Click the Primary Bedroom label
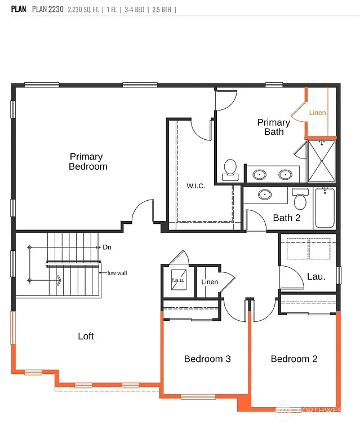coord(88,161)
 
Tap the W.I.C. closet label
coord(195,186)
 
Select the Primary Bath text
coord(274,127)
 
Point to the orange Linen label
coord(317,113)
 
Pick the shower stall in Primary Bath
coord(321,161)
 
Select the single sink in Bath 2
coord(264,195)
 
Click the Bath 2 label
coord(286,218)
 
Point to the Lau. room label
coord(316,276)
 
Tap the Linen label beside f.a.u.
coord(210,282)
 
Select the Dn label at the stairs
coord(107,247)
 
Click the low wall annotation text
coord(117,273)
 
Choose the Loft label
coord(86,336)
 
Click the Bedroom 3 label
coord(207,359)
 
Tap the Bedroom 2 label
coord(294,359)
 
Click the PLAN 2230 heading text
coord(47,10)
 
